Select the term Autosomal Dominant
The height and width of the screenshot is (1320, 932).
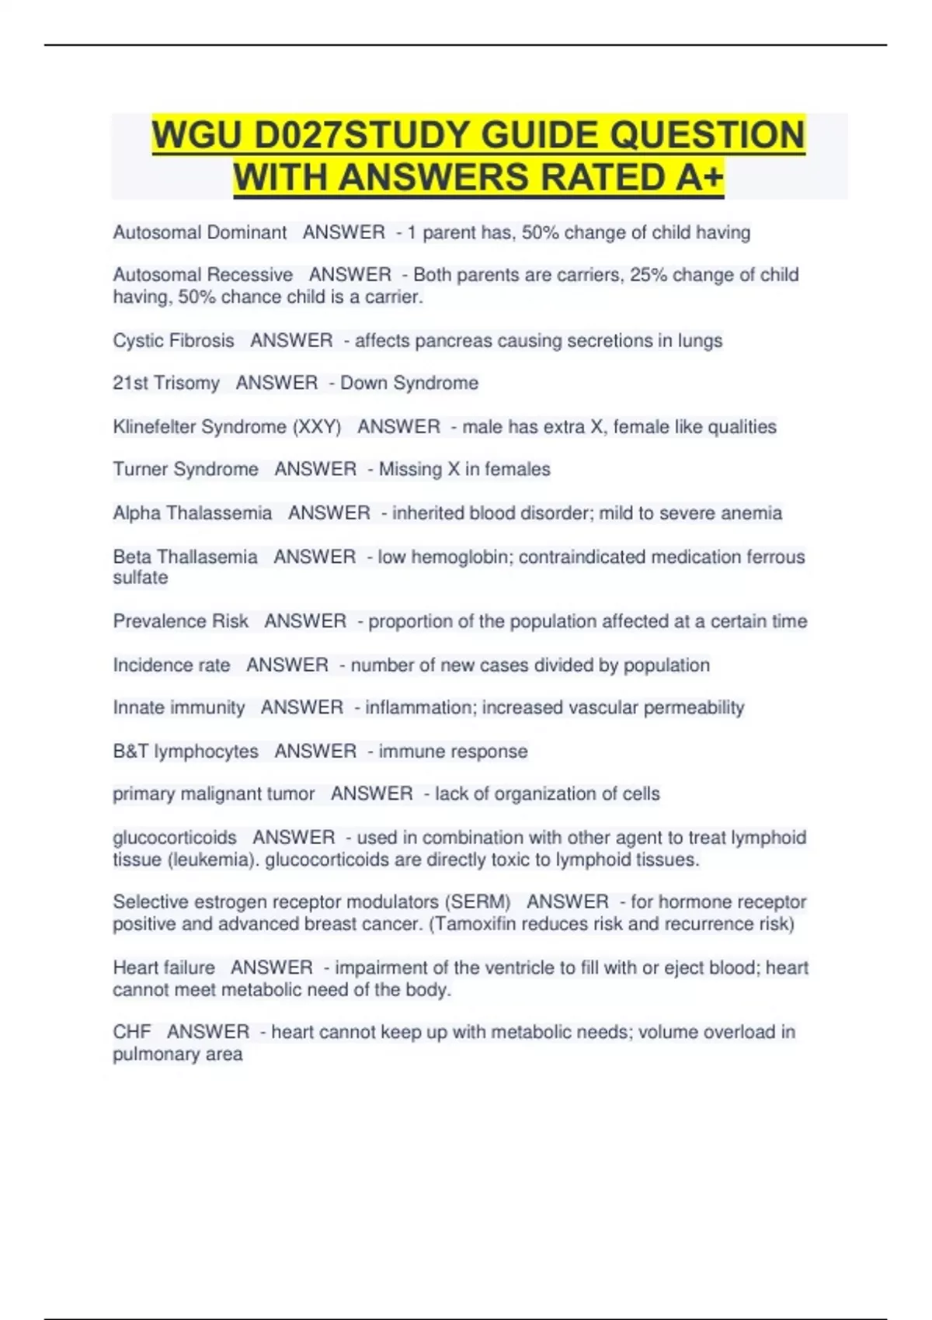[200, 232]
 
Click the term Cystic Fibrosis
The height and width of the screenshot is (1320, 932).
[173, 340]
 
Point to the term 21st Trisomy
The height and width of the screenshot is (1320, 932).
[166, 383]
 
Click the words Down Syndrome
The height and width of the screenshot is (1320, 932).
[409, 383]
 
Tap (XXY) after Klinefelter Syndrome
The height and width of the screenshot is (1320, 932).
[317, 426]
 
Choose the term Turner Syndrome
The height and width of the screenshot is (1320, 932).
[186, 469]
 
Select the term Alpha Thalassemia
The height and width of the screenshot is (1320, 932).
[193, 512]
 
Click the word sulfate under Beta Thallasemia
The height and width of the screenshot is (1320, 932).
[141, 578]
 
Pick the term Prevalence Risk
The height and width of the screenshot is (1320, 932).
[180, 621]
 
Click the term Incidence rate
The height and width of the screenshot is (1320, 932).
[172, 665]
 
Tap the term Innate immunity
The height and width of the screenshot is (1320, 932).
[179, 707]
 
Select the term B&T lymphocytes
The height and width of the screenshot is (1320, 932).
[186, 751]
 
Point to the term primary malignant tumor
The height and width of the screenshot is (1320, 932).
[214, 794]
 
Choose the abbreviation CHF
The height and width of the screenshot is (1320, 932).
[132, 1032]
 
